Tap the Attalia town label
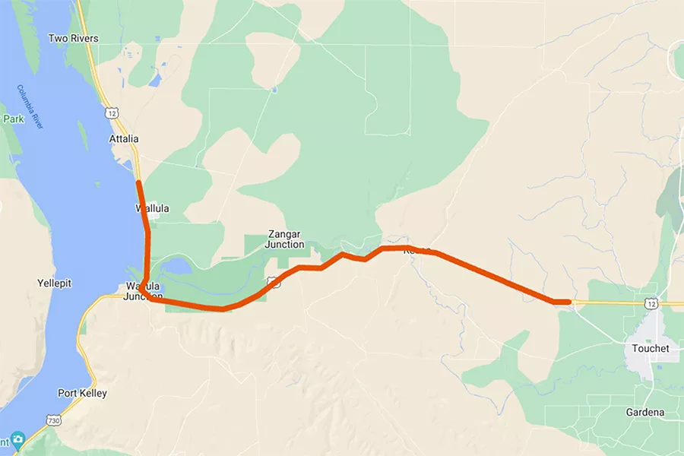[x=124, y=139]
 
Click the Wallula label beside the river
[x=152, y=208]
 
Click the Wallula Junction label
[x=143, y=291]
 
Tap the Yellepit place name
[x=54, y=283]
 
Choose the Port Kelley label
[x=82, y=394]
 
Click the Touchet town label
[x=651, y=348]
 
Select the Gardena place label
[x=646, y=413]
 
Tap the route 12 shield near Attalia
[x=112, y=112]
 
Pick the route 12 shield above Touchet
[x=652, y=303]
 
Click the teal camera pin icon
[x=17, y=440]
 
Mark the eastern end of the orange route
[x=568, y=302]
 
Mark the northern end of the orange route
[x=138, y=182]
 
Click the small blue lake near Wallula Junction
[x=176, y=266]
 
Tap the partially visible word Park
[x=13, y=119]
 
